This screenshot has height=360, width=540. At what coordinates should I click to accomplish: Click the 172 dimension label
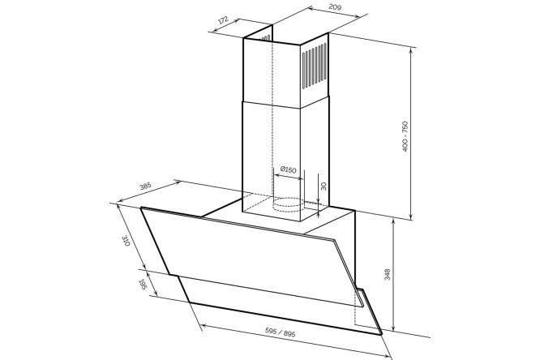click(223, 20)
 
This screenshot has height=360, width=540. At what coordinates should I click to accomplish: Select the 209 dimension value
click(335, 6)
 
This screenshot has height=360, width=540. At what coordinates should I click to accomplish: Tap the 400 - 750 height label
click(405, 136)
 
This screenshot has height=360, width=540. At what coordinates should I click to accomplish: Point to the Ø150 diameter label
click(289, 169)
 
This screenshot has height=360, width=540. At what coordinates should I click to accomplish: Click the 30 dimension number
click(323, 186)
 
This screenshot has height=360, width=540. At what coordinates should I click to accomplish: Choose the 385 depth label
click(145, 186)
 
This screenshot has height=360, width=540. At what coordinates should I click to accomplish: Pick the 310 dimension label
click(126, 241)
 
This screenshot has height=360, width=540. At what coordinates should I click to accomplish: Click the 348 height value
click(387, 275)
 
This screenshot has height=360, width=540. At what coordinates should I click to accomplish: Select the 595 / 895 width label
click(281, 332)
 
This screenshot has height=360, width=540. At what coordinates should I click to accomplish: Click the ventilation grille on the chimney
click(315, 66)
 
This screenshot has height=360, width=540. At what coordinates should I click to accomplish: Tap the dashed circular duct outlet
click(289, 204)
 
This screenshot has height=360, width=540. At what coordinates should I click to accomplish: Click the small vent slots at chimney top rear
click(266, 38)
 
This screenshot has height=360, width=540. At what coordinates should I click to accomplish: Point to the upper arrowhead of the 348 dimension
click(393, 221)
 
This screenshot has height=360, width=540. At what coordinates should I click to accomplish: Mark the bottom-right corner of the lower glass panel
click(382, 334)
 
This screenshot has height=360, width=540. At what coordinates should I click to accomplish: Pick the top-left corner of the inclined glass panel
click(141, 208)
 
